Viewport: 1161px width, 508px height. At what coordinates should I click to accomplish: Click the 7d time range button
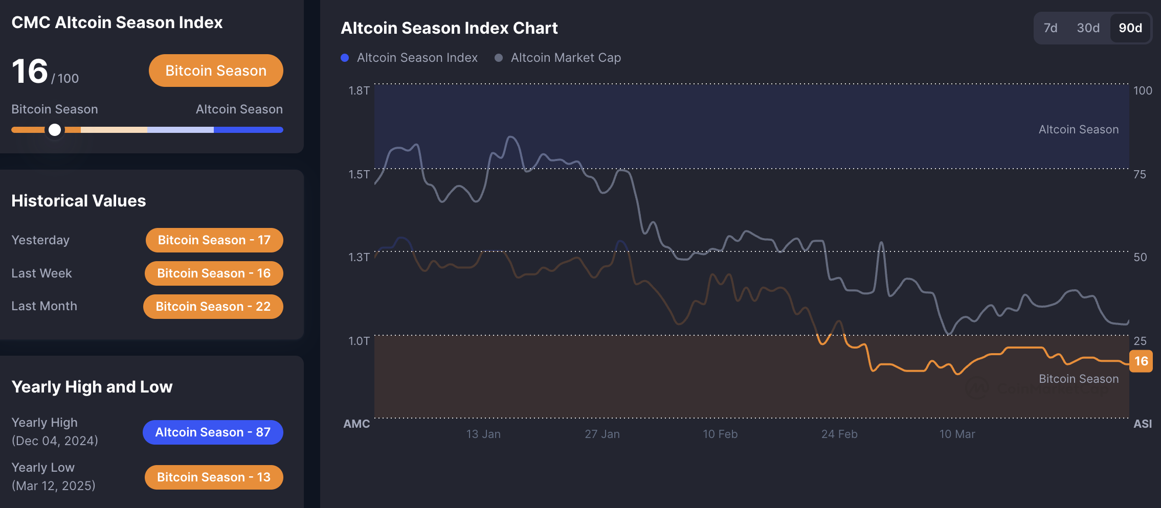(x=1051, y=28)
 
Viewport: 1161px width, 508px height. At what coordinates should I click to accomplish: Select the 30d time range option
(x=1088, y=28)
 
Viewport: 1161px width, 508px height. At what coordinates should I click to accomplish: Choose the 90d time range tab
(x=1130, y=28)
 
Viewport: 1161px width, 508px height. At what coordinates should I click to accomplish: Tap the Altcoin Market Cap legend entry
(x=565, y=58)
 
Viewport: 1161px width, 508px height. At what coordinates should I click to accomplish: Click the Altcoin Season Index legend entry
(x=417, y=58)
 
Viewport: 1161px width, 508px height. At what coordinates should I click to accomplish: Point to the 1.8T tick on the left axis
(x=359, y=91)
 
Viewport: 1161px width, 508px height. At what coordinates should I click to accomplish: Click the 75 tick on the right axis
(x=1140, y=175)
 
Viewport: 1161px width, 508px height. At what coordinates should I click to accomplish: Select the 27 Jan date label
(x=602, y=434)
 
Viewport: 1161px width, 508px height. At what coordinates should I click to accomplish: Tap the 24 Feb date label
(x=839, y=434)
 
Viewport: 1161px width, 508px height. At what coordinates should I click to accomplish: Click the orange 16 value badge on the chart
(x=1141, y=361)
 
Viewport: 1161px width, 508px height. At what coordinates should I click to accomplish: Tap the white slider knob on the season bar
(x=55, y=130)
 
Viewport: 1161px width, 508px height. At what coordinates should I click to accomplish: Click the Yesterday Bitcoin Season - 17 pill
(x=214, y=240)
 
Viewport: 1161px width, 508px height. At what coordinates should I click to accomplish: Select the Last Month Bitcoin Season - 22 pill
(x=213, y=307)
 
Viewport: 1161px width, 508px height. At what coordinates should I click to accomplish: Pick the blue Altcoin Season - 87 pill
(x=213, y=432)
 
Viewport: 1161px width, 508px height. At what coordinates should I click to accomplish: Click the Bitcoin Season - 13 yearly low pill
(x=214, y=477)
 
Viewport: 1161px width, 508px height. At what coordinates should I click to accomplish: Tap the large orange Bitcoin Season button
(x=216, y=71)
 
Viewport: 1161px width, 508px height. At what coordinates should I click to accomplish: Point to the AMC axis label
(x=356, y=424)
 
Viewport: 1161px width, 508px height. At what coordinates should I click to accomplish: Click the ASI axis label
(x=1143, y=424)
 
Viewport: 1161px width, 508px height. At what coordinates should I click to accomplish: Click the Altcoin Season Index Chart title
(x=449, y=28)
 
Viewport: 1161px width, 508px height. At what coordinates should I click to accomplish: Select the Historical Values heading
(x=79, y=201)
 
